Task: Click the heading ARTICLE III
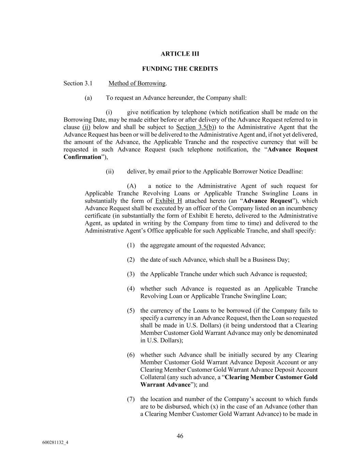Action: [x=180, y=54]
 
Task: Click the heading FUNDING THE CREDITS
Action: [x=180, y=69]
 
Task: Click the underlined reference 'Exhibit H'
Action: [x=169, y=201]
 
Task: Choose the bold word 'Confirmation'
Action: [x=83, y=157]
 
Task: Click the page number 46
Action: [x=180, y=436]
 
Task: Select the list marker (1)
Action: [x=131, y=245]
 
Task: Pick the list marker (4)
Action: [x=131, y=289]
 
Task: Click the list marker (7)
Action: [x=131, y=399]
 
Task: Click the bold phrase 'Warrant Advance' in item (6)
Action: [x=165, y=385]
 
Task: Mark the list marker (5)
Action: [x=131, y=311]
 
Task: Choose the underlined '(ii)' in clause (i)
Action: [x=86, y=127]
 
